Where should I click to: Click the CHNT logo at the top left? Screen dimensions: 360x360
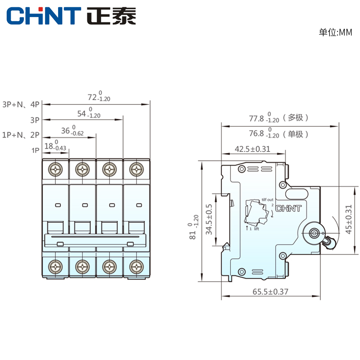coord(71,17)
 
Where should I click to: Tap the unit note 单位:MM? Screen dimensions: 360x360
coord(335,32)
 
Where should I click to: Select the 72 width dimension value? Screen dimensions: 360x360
coord(99,97)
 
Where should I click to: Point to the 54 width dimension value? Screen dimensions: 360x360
coord(88,113)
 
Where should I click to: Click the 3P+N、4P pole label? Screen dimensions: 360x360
coord(21,104)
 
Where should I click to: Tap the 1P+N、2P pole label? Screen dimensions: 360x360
coord(21,135)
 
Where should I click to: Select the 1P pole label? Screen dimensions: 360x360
coord(36,150)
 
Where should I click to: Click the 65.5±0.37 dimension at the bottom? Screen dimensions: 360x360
coord(270,292)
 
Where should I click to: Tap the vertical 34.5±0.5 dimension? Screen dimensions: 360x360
coord(208,219)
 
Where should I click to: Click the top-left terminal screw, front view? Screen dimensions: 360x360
coord(56,170)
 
